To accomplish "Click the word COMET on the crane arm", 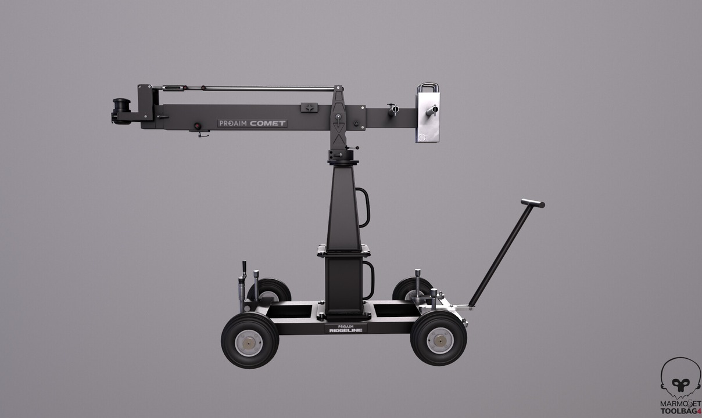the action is point(268,123).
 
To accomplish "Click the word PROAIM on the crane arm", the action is point(233,123).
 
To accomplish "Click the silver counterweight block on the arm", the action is point(428,117).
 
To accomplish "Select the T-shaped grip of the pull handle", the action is point(533,204).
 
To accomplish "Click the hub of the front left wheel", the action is point(249,343).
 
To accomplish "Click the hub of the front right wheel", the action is point(440,341).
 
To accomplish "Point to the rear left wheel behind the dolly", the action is point(269,290).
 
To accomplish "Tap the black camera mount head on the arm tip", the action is point(121,111).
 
